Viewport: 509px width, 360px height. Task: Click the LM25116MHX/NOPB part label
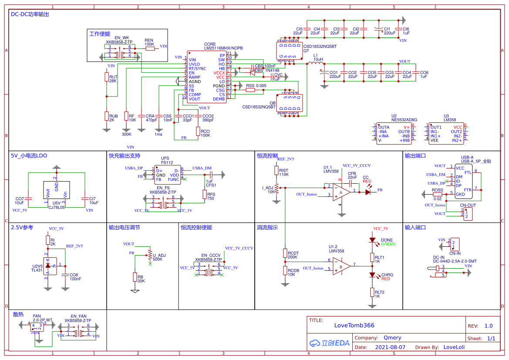pyautogui.click(x=223, y=48)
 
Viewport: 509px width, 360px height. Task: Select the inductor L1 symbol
pyautogui.click(x=314, y=64)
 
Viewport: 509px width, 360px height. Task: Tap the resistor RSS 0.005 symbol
pyautogui.click(x=250, y=91)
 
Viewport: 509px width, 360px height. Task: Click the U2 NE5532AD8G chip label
pyautogui.click(x=404, y=119)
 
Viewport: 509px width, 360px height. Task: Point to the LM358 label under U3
pyautogui.click(x=449, y=119)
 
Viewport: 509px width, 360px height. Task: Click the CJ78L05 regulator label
pyautogui.click(x=57, y=208)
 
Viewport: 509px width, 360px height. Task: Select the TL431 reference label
pyautogui.click(x=37, y=270)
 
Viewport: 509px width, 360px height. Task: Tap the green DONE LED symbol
pyautogui.click(x=372, y=240)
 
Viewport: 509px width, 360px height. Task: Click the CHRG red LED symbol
pyautogui.click(x=372, y=275)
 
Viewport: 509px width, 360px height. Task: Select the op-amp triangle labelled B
pyautogui.click(x=341, y=266)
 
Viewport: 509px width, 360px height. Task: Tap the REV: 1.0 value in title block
pyautogui.click(x=488, y=326)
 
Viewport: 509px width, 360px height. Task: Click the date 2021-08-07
pyautogui.click(x=390, y=347)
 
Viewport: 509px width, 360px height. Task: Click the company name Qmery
pyautogui.click(x=392, y=337)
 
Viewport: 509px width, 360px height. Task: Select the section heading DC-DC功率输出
pyautogui.click(x=30, y=14)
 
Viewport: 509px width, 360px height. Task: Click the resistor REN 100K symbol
pyautogui.click(x=150, y=49)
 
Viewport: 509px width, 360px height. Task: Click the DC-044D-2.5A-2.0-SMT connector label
pyautogui.click(x=455, y=261)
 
